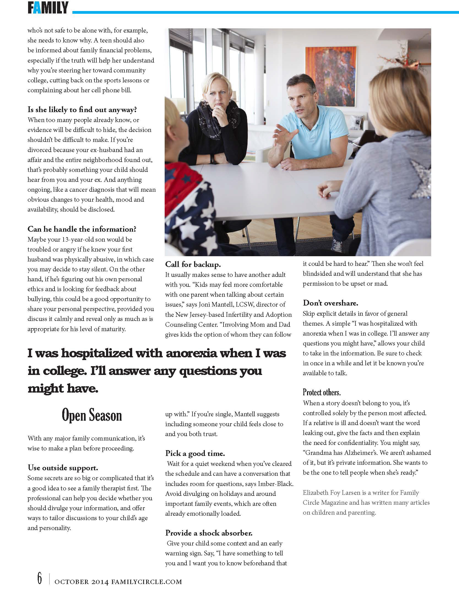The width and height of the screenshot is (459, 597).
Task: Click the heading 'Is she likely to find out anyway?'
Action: (x=82, y=110)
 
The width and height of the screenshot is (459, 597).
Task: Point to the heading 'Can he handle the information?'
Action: (x=82, y=229)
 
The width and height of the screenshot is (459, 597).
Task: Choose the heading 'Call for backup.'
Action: (x=193, y=264)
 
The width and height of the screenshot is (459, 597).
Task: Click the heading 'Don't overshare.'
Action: (x=330, y=303)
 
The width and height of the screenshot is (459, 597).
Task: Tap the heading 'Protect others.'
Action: (x=322, y=392)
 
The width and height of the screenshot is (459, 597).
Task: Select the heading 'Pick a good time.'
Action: (x=195, y=453)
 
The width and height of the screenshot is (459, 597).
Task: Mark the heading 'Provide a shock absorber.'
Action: (x=209, y=533)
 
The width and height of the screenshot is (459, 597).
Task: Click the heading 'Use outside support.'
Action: (x=63, y=468)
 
